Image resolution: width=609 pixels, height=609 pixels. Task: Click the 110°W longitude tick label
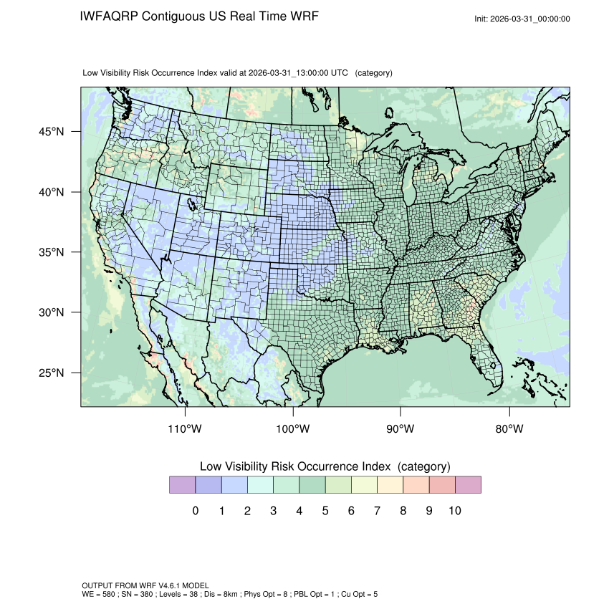186,429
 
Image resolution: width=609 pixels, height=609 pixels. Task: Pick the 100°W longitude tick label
293,429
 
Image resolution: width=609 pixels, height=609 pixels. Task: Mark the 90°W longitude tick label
401,429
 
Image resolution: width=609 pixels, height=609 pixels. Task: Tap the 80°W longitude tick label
509,429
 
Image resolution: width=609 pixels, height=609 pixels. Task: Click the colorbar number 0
196,511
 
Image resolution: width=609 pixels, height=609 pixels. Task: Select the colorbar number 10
455,511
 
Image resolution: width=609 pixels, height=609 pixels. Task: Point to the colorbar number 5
325,511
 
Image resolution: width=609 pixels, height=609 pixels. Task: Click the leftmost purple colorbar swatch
182,485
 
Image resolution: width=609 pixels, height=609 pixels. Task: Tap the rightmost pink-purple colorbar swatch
468,485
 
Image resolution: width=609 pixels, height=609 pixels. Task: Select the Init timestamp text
522,19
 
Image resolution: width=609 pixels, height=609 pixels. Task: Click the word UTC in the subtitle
340,73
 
